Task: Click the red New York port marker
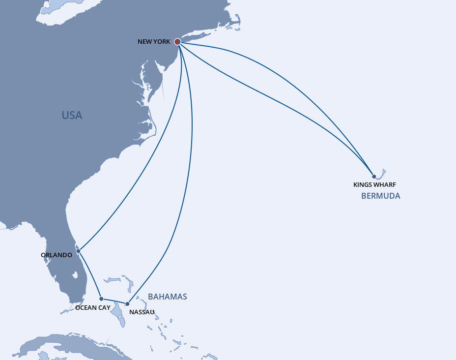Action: pos(177,42)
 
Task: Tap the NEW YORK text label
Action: pos(154,42)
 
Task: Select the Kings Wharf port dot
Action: pos(374,177)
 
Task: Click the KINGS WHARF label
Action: pos(374,185)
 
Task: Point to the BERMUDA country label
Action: pos(380,196)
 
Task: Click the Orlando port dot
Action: pos(78,251)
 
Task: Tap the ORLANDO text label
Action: pos(57,255)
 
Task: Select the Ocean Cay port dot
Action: pos(101,299)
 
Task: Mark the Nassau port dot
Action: pos(127,303)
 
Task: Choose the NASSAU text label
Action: pos(142,312)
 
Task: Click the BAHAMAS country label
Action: pos(167,297)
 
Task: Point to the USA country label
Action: pos(72,116)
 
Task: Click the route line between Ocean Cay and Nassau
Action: pos(114,301)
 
